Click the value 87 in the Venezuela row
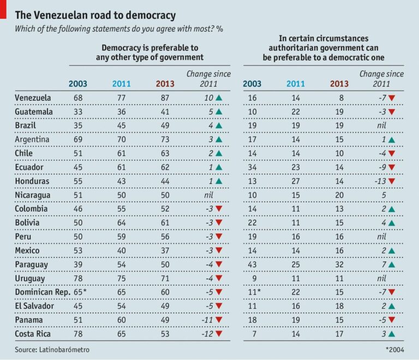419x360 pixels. pyautogui.click(x=164, y=98)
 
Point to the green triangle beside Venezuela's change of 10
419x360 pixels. pyautogui.click(x=219, y=98)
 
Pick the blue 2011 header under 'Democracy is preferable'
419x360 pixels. pyautogui.click(x=121, y=83)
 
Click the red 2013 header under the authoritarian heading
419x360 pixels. pyautogui.click(x=339, y=83)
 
